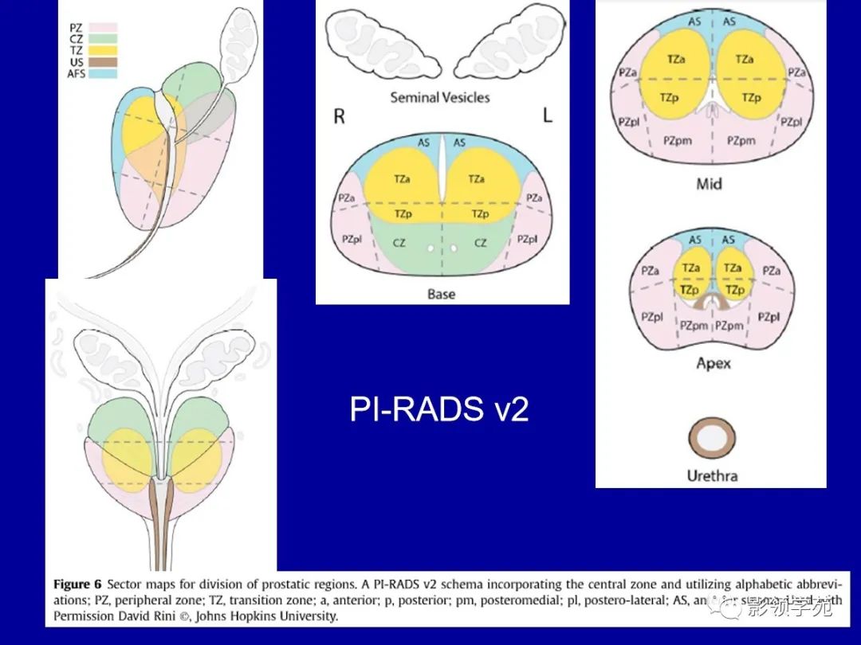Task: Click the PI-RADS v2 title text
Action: pyautogui.click(x=439, y=409)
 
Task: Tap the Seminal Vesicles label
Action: pyautogui.click(x=439, y=97)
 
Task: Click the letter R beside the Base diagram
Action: pyautogui.click(x=339, y=116)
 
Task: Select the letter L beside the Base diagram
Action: pyautogui.click(x=547, y=115)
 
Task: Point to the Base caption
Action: pyautogui.click(x=441, y=294)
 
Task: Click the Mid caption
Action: pyautogui.click(x=709, y=183)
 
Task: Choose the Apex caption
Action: pyautogui.click(x=713, y=362)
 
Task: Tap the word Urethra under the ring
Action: pyautogui.click(x=712, y=476)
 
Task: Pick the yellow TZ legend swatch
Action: pyautogui.click(x=104, y=50)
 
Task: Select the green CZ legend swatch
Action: pyautogui.click(x=104, y=38)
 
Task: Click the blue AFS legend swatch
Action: pyautogui.click(x=104, y=73)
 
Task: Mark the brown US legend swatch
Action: pyautogui.click(x=104, y=61)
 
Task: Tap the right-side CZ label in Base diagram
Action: pyautogui.click(x=480, y=242)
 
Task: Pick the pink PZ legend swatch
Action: pyautogui.click(x=104, y=27)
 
